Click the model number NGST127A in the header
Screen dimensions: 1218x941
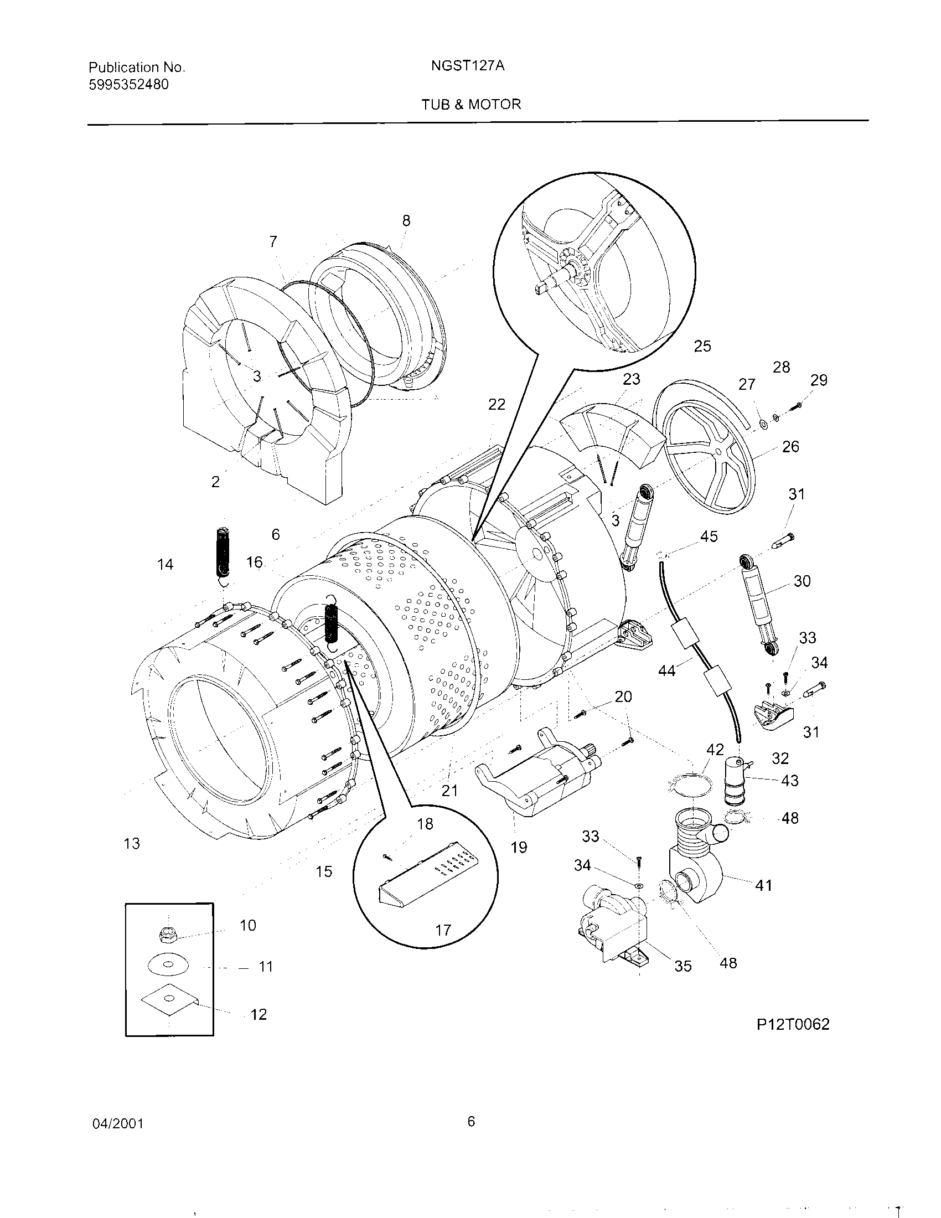tap(468, 66)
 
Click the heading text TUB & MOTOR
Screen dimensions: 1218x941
tap(471, 104)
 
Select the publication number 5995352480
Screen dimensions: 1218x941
tap(129, 85)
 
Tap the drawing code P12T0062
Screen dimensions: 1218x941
tap(793, 1024)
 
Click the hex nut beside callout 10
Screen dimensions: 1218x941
tap(167, 935)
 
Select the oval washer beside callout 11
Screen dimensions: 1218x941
tap(168, 966)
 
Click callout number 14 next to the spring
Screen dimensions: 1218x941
tap(165, 564)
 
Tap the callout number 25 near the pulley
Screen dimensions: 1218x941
tap(702, 346)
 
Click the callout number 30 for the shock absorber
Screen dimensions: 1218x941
tap(802, 581)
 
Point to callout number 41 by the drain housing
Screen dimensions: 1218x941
tap(763, 885)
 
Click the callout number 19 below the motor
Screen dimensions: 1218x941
tap(519, 847)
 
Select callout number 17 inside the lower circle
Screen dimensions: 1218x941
tap(443, 930)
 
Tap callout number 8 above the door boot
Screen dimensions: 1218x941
tap(406, 221)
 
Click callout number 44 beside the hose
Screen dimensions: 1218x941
tap(667, 670)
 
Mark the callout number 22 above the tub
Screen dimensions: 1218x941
tap(496, 404)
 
